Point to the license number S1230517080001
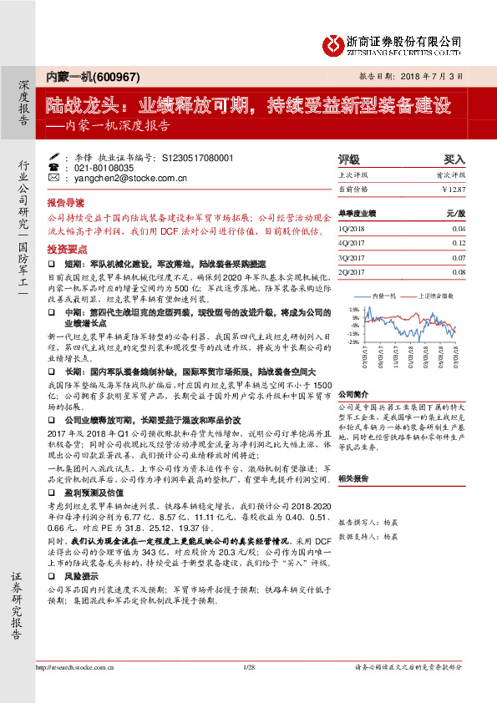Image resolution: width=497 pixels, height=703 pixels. pyautogui.click(x=209, y=157)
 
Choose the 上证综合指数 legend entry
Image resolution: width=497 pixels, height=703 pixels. pyautogui.click(x=441, y=296)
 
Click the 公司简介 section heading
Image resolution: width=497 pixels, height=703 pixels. pyautogui.click(x=354, y=371)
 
